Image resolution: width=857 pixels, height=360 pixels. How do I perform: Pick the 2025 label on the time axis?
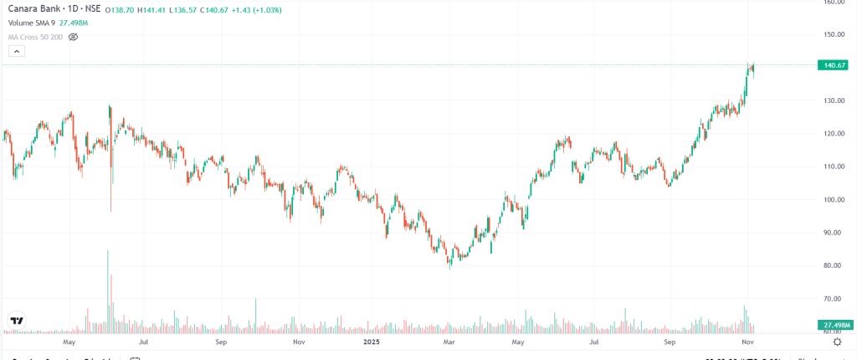pyautogui.click(x=372, y=342)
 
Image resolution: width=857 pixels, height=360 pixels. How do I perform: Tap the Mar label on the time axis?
pyautogui.click(x=449, y=342)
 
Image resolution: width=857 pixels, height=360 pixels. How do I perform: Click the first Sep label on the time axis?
pyautogui.click(x=221, y=342)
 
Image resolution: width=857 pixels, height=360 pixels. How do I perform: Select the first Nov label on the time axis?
pyautogui.click(x=298, y=342)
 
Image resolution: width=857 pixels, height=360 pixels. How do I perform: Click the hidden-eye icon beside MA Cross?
pyautogui.click(x=73, y=37)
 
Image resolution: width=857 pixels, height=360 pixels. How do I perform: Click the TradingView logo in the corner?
pyautogui.click(x=17, y=321)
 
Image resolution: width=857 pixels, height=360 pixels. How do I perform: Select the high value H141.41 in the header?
pyautogui.click(x=156, y=9)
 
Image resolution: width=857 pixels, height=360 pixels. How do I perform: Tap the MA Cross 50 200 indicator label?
pyautogui.click(x=35, y=37)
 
